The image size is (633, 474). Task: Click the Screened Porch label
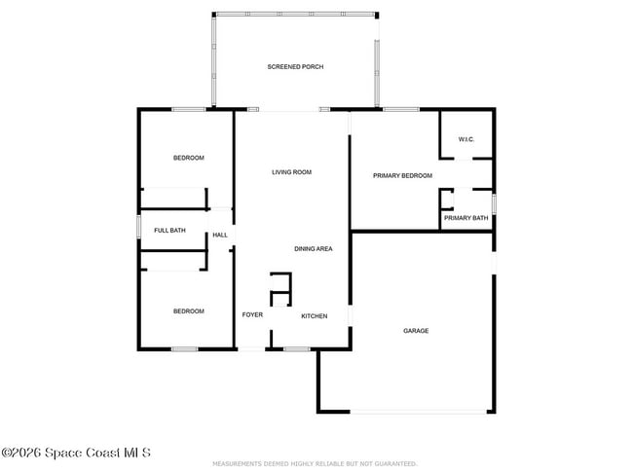295,66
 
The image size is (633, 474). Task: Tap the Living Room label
291,172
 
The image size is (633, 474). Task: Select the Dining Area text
314,249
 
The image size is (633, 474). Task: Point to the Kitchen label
314,316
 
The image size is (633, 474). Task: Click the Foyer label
252,315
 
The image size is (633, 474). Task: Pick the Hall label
220,235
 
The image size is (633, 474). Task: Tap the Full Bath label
169,231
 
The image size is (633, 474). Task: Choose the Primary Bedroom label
402,175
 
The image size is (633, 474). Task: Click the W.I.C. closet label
465,138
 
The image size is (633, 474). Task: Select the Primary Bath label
465,218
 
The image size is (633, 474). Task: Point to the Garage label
416,331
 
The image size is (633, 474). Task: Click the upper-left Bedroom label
189,158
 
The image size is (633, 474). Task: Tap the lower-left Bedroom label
189,311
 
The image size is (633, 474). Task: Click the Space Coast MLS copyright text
76,454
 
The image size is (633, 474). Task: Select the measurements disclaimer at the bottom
316,464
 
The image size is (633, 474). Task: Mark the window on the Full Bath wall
138,231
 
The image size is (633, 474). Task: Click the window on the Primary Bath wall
494,202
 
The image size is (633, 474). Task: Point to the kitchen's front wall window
296,348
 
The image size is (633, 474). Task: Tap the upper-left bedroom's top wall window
188,109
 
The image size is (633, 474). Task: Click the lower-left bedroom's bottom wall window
184,348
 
